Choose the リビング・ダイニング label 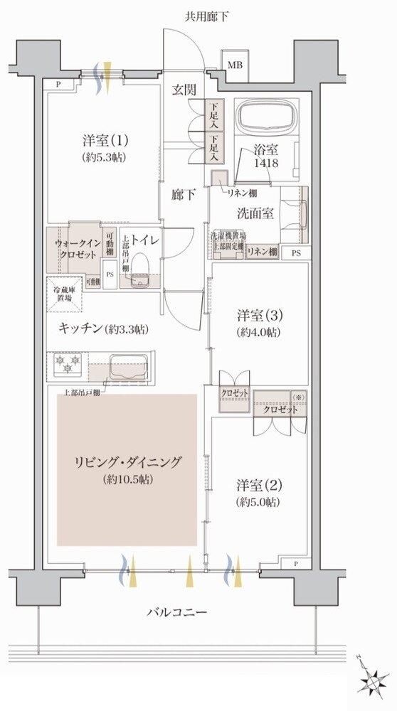tap(127, 469)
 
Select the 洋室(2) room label tap(258, 493)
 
